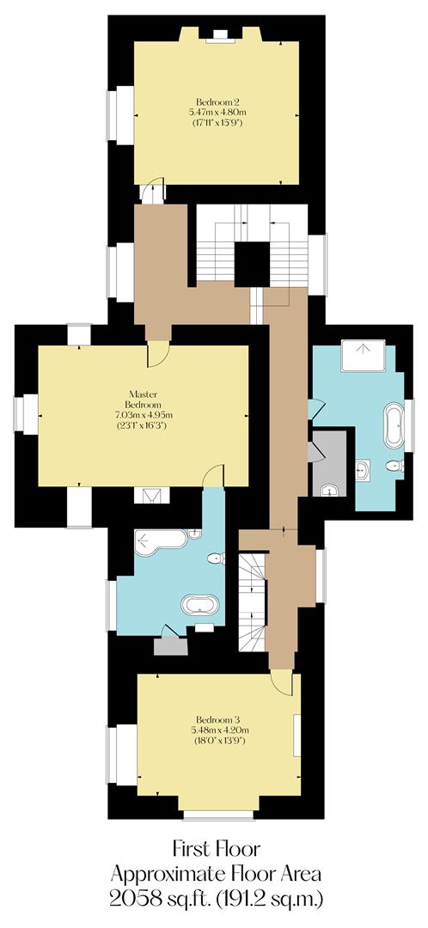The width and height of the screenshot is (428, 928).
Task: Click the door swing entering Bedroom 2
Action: (x=152, y=191)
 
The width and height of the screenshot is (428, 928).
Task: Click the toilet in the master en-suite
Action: (x=216, y=559)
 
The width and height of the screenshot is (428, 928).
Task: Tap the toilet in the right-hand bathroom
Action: (x=393, y=467)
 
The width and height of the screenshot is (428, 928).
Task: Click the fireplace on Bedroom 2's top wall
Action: (x=222, y=35)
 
